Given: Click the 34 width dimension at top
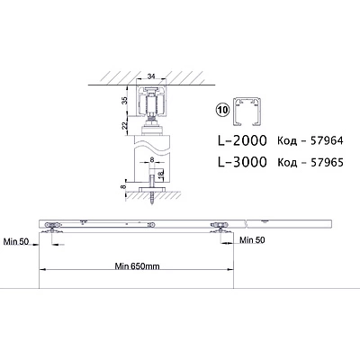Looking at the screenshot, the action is (151, 76).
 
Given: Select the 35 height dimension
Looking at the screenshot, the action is (126, 100).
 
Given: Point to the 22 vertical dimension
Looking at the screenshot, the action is (126, 124).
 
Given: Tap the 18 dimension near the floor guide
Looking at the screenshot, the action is (160, 174).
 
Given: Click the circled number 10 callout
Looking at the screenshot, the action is (222, 110).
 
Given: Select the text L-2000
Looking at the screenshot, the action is (242, 140).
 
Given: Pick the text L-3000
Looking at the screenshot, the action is (242, 162).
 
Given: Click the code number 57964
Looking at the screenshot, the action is (327, 140).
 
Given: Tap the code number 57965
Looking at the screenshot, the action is (327, 162).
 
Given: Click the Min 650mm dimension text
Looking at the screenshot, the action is (137, 266).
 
